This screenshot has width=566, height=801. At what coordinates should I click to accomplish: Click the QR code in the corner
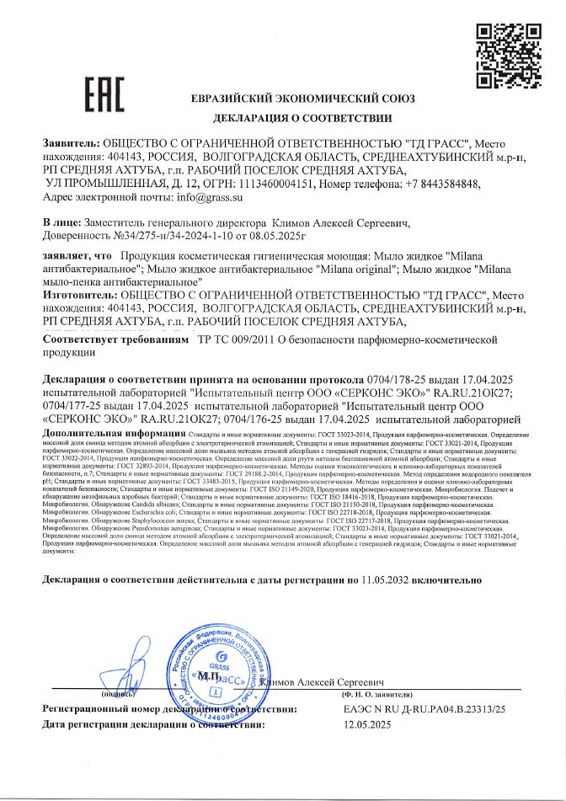coord(508,56)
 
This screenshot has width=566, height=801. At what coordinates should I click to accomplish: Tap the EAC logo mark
coord(105,95)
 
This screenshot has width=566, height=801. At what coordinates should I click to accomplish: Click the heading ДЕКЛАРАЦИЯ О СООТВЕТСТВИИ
coord(303,118)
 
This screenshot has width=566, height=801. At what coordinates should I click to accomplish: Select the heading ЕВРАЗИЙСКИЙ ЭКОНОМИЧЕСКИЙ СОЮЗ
coord(303,99)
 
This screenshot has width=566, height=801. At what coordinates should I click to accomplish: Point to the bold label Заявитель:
coord(71,144)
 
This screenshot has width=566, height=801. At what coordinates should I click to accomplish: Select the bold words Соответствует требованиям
coord(115,339)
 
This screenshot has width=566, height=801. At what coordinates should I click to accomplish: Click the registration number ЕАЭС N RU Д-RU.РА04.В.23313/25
coord(424,709)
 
